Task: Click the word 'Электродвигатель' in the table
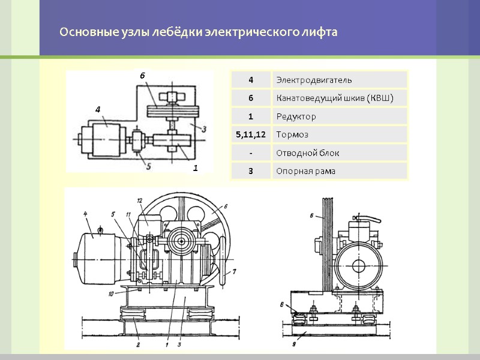click(x=314, y=80)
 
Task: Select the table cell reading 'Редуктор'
click(x=296, y=116)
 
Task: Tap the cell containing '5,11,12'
click(x=250, y=134)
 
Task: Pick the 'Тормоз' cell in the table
click(x=292, y=134)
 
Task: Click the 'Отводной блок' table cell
click(x=307, y=153)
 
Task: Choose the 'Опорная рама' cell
click(x=305, y=172)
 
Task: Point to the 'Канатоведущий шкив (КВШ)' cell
click(x=334, y=98)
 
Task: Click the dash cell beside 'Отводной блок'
click(x=250, y=153)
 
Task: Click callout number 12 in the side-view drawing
click(x=139, y=200)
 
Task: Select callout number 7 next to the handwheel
click(x=234, y=272)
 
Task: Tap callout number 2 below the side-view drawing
click(x=137, y=345)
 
